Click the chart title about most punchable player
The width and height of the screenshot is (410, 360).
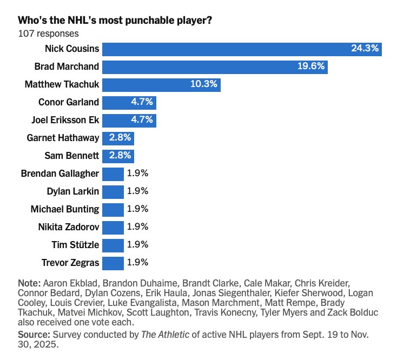click(115, 21)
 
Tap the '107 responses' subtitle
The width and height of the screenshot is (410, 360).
click(48, 34)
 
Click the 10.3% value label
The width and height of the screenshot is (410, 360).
click(204, 84)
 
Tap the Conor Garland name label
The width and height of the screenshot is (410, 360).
click(69, 102)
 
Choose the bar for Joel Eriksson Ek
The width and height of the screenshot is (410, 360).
click(129, 120)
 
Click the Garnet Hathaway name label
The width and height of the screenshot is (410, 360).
click(63, 138)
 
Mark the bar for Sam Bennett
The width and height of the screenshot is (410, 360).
click(118, 156)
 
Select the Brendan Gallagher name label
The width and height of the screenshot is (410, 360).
click(60, 174)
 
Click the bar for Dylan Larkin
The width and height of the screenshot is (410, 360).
click(113, 191)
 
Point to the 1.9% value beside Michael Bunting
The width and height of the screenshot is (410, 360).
click(137, 209)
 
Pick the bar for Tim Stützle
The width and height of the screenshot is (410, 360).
click(113, 245)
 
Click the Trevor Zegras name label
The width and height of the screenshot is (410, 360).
click(70, 263)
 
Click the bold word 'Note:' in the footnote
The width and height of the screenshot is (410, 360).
click(29, 283)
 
